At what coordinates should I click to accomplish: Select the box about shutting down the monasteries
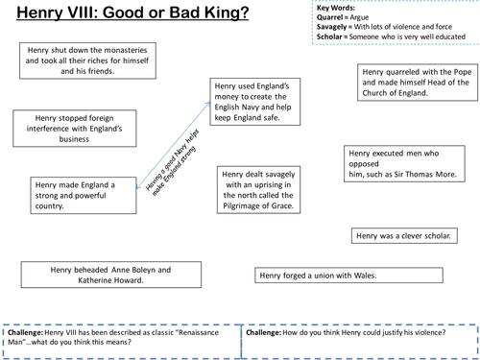tap(87, 61)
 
